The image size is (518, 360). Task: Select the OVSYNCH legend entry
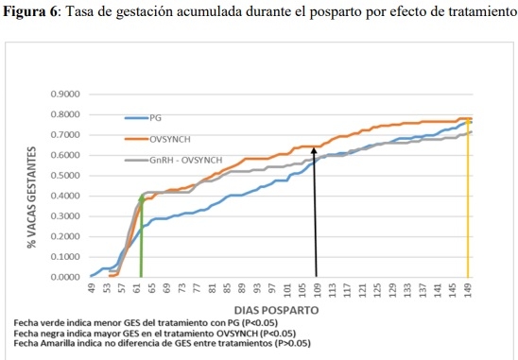171,139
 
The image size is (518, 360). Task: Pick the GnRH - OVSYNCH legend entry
185,161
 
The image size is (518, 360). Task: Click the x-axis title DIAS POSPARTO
275,310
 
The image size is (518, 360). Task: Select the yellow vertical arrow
468,198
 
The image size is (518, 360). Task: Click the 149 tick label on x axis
468,290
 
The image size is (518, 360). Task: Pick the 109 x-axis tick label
316,290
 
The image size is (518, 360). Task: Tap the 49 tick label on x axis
91,290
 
